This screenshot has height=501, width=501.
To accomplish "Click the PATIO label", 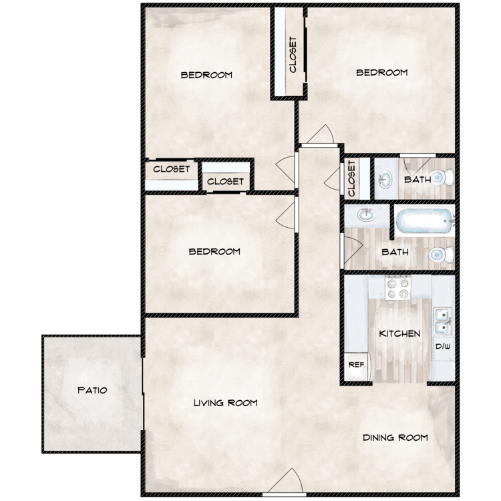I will [92, 390].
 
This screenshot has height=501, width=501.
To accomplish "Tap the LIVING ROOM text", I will [225, 403].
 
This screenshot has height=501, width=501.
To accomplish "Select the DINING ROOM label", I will [395, 438].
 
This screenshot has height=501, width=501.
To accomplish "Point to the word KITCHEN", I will [399, 333].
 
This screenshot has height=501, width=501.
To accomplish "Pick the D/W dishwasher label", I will [442, 347].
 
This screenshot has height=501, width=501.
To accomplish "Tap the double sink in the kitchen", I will [442, 322].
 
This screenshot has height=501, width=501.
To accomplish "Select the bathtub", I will [423, 220].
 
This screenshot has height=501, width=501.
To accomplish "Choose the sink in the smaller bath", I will [384, 179].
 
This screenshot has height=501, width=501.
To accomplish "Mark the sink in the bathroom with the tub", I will [366, 216].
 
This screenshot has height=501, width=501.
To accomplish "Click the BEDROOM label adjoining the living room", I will [214, 252].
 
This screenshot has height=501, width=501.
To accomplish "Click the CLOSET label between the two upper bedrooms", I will [293, 53].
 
